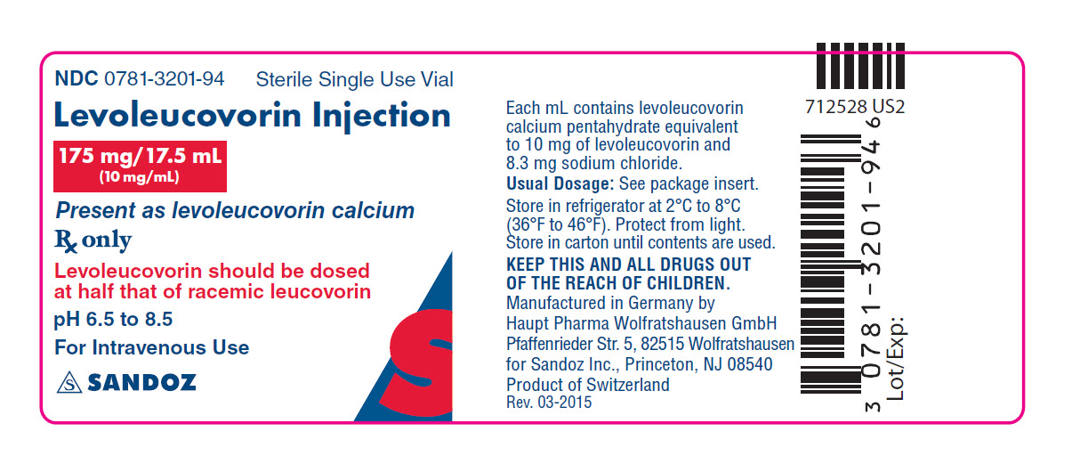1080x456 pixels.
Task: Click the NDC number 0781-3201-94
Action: click(x=165, y=78)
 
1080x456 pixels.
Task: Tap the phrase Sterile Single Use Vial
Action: click(x=354, y=79)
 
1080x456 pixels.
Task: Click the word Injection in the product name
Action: click(x=382, y=116)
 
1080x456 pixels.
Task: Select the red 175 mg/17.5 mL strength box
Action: click(x=140, y=166)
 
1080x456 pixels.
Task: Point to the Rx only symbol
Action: click(x=93, y=240)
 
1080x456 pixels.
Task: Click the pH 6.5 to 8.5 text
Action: click(x=113, y=320)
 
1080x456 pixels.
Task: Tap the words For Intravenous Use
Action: click(x=152, y=347)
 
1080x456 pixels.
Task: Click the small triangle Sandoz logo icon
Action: click(x=69, y=383)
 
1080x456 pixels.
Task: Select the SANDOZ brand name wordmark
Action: click(x=141, y=383)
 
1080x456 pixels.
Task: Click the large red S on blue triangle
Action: click(x=421, y=362)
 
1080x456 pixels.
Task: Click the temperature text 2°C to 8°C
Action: click(x=703, y=206)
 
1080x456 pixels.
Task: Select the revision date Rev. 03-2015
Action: click(x=549, y=403)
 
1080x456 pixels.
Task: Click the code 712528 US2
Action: click(x=855, y=107)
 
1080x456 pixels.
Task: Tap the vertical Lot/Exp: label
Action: click(x=896, y=359)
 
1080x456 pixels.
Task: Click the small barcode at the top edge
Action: click(x=860, y=66)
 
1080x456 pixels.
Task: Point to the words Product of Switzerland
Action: click(x=588, y=385)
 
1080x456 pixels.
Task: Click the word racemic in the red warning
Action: click(x=224, y=292)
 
